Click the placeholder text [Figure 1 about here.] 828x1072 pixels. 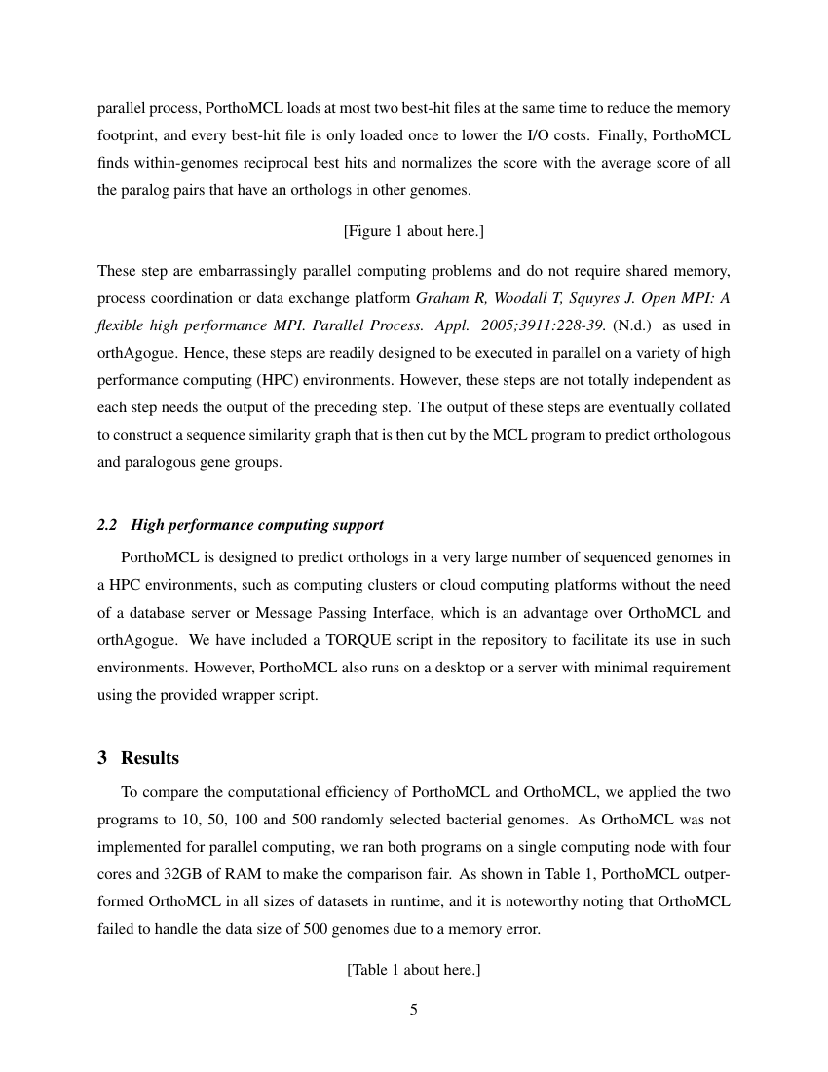click(x=413, y=230)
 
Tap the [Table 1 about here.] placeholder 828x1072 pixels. click(x=413, y=970)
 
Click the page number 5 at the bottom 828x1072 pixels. click(x=413, y=1010)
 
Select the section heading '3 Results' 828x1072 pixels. click(x=138, y=758)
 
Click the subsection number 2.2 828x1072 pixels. click(x=108, y=525)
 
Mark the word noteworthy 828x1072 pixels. click(x=555, y=900)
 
